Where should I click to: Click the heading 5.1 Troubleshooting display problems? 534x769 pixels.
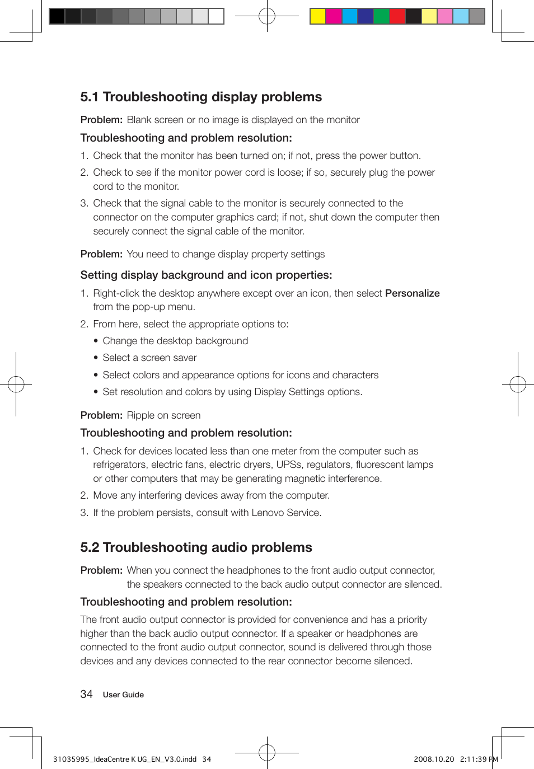[201, 97]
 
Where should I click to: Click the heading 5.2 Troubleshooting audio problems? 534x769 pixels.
[196, 547]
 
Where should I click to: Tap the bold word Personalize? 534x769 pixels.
[412, 293]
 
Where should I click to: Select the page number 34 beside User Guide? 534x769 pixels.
[86, 695]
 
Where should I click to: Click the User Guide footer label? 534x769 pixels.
[123, 695]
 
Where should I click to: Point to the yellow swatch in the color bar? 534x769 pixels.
[318, 16]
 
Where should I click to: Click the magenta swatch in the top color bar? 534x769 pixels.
[334, 16]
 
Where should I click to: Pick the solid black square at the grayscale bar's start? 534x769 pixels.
[57, 16]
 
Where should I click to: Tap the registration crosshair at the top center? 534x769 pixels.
[267, 16]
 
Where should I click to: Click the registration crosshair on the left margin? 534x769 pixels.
[16, 384]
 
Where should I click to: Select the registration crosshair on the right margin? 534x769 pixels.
[518, 384]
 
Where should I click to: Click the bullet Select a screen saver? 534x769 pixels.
[149, 358]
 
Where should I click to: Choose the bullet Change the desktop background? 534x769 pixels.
[175, 341]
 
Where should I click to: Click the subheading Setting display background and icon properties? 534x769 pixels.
[206, 275]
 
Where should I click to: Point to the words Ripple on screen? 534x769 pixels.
[163, 415]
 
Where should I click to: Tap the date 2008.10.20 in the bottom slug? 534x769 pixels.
[434, 759]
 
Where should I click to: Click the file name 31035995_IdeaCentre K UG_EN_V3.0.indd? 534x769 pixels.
[125, 759]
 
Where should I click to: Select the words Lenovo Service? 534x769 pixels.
[285, 513]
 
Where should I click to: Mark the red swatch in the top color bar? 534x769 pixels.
[397, 16]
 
